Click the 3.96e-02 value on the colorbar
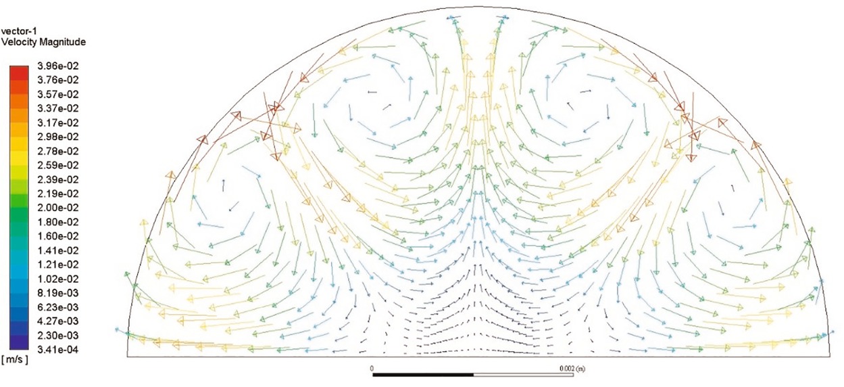pos(57,66)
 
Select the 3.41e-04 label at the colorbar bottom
pos(57,350)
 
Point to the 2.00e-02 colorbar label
pos(57,208)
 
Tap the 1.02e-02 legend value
pos(57,279)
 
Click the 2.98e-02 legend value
pos(57,137)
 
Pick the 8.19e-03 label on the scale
pos(57,293)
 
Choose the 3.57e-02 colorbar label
pos(57,94)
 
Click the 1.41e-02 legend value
pos(57,250)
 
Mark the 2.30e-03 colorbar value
pos(57,336)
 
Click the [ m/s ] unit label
pos(15,360)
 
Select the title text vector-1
pos(19,31)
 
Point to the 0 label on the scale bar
pos(372,369)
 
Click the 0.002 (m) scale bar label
pos(572,369)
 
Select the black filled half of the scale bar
pos(423,375)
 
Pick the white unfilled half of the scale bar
pos(523,375)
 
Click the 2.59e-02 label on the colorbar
pos(57,165)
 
